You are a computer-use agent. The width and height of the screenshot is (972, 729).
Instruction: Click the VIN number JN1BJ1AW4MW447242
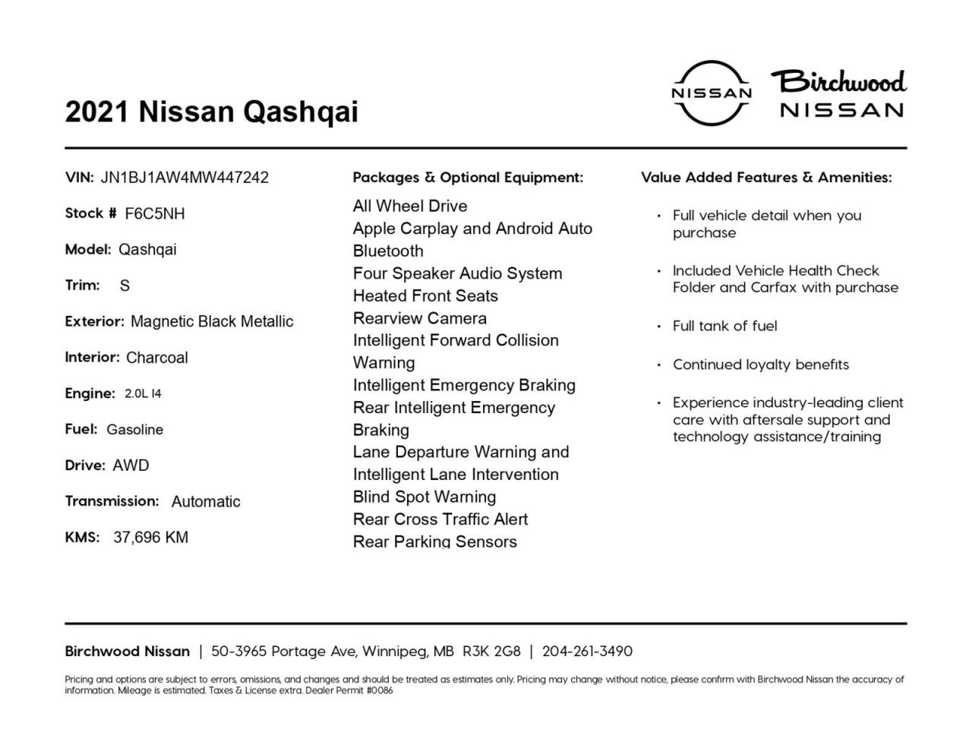(185, 178)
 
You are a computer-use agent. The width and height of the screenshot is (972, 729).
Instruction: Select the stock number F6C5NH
(155, 213)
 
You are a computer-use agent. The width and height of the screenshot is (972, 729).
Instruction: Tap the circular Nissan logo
(712, 93)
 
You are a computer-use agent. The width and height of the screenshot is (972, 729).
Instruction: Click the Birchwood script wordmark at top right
(839, 81)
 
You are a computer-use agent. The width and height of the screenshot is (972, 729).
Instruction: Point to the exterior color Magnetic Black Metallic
(212, 321)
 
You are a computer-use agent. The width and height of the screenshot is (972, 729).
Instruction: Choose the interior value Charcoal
(157, 358)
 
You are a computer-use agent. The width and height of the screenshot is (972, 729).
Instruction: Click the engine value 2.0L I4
(143, 393)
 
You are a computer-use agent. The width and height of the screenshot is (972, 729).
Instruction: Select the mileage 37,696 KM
(150, 538)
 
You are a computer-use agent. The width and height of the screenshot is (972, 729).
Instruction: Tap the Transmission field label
(112, 501)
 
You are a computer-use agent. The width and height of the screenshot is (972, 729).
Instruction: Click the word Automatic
(206, 502)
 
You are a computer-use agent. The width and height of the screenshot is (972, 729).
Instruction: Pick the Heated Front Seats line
(425, 296)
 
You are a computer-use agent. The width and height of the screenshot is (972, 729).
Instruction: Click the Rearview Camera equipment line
(420, 318)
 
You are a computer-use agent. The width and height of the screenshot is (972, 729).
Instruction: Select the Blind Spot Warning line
(424, 497)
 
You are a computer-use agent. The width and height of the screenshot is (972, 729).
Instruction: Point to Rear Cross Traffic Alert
(440, 519)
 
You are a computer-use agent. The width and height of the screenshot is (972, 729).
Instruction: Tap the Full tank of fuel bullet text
(725, 326)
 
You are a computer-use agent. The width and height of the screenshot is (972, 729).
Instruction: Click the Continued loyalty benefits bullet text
(761, 364)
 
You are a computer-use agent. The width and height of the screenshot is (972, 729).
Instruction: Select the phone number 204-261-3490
(587, 652)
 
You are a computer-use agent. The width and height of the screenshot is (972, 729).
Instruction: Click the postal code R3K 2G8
(491, 652)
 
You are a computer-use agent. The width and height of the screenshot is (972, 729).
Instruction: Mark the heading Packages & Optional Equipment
(468, 178)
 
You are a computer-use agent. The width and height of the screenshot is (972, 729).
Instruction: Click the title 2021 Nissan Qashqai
(211, 112)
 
